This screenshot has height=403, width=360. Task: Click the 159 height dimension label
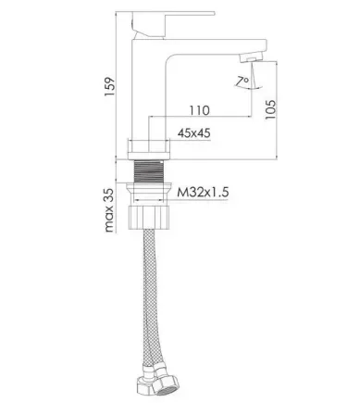pos(109,86)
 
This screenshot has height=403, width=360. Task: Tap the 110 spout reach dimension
pos(199,110)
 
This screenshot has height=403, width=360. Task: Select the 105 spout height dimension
pos(270,109)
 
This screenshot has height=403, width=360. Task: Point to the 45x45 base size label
pos(194,133)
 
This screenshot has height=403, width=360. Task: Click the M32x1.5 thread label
pos(203,193)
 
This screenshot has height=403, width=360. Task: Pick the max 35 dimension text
pos(109,210)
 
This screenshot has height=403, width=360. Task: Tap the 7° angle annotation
pos(242,81)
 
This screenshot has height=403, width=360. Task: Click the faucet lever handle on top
pos(173,25)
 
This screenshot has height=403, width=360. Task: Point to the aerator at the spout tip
pos(252,57)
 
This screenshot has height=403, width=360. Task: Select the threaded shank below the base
pos(149,171)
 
